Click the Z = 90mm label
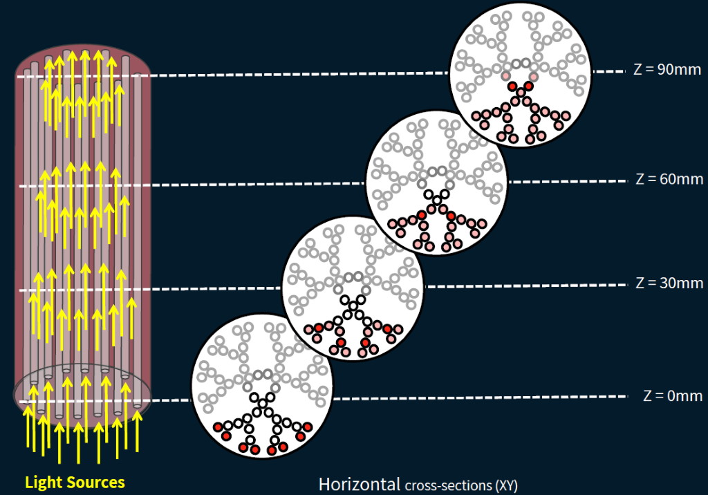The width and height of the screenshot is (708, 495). pos(667,70)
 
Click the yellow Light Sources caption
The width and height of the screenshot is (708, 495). pos(75,482)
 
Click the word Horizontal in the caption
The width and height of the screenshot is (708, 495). pos(359,483)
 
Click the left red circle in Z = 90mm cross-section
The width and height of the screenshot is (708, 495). pos(512,86)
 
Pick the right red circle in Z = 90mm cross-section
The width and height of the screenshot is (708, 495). pos(528,86)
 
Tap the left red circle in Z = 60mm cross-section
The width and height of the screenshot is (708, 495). pos(421,216)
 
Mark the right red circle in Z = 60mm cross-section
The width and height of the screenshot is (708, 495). pos(451,216)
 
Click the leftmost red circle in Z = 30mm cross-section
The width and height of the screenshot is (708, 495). pos(319,328)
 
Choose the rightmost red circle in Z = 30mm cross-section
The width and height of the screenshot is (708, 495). pos(389,328)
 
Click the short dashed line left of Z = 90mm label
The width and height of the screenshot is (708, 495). pos(608,71)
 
